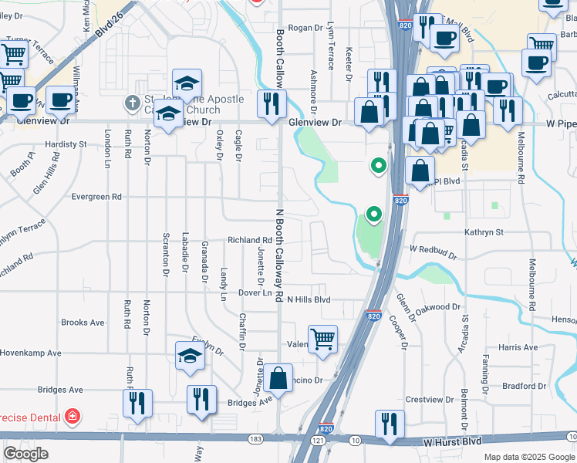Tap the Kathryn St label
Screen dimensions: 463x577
pyautogui.click(x=484, y=231)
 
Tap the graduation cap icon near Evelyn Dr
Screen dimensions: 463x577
pyautogui.click(x=190, y=356)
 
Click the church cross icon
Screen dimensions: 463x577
pyautogui.click(x=133, y=102)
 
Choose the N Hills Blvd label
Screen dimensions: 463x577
pyautogui.click(x=309, y=299)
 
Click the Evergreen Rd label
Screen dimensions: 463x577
pyautogui.click(x=96, y=197)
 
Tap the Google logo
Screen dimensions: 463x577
pyautogui.click(x=25, y=454)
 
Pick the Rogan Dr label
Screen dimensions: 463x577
pyautogui.click(x=305, y=28)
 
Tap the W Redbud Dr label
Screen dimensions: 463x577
pyautogui.click(x=433, y=250)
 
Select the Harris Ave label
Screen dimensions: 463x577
pyautogui.click(x=518, y=348)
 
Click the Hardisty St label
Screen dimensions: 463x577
pyautogui.click(x=66, y=144)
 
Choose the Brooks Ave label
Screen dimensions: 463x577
pyautogui.click(x=83, y=323)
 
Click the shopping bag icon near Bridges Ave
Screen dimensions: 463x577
pyautogui.click(x=278, y=379)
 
